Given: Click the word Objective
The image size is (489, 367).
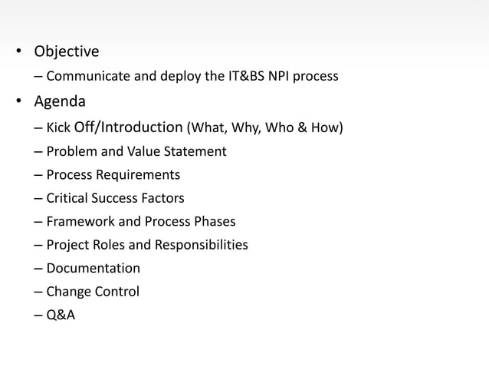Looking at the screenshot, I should pos(65,52).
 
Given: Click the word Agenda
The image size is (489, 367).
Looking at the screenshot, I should pos(58,101).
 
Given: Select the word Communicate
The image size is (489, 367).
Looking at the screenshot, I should pos(86,77).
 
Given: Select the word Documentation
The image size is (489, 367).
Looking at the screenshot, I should pos(93,268).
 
